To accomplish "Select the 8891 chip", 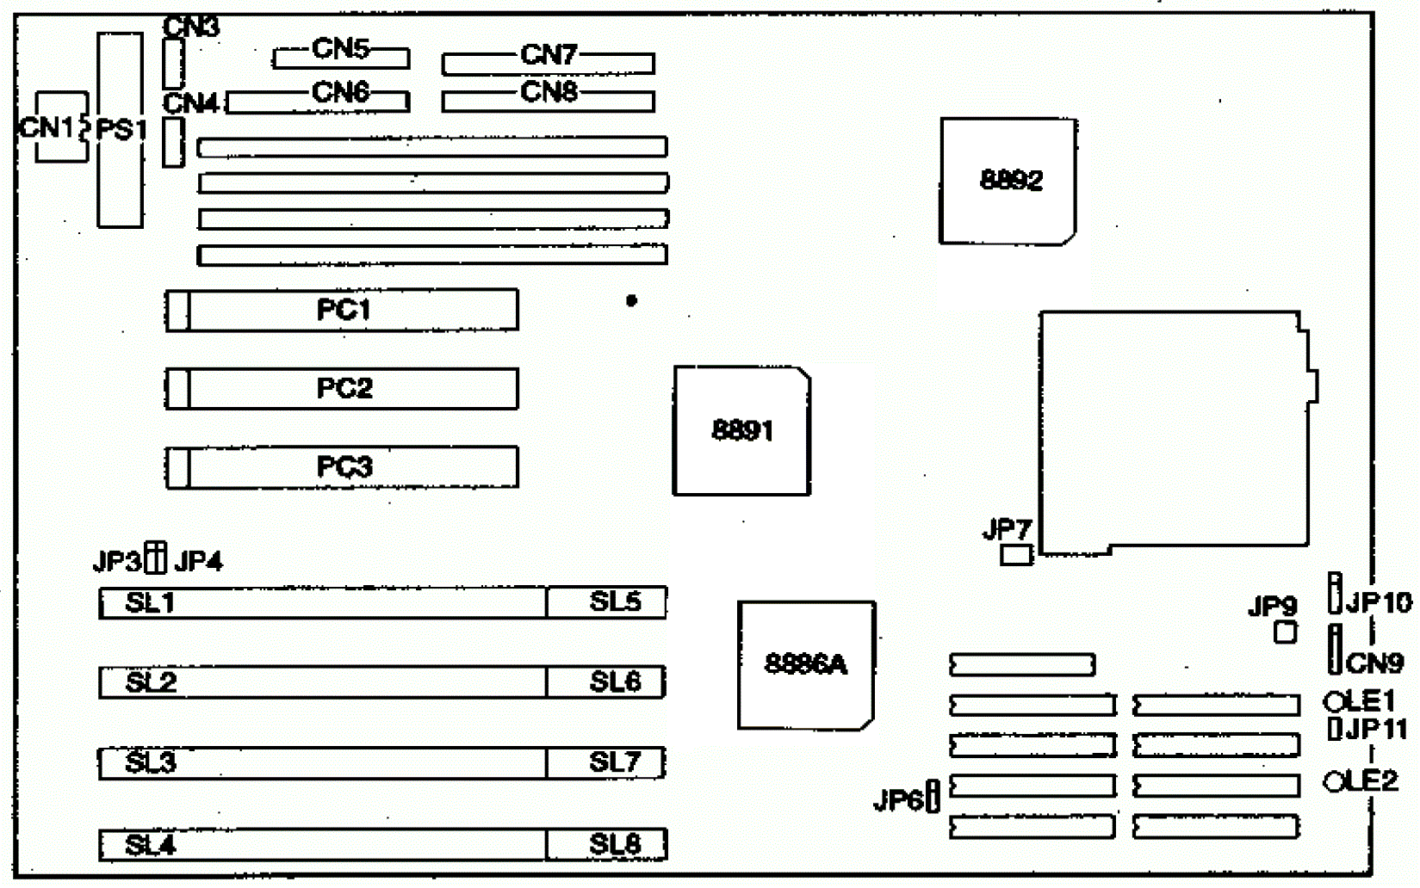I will (741, 430).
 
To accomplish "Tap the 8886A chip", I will (806, 665).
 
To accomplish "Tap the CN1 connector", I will (60, 127).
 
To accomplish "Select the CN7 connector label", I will (549, 55).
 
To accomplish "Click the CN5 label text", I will (341, 48).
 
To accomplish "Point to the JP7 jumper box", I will (1016, 555).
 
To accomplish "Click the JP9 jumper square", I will (1285, 632).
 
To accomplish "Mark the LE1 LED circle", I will (1334, 702).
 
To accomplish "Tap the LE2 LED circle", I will (1334, 781).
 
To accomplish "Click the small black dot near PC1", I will (631, 300).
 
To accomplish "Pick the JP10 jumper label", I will (1379, 602).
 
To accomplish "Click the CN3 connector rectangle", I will (173, 62).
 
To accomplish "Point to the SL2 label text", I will (151, 682).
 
